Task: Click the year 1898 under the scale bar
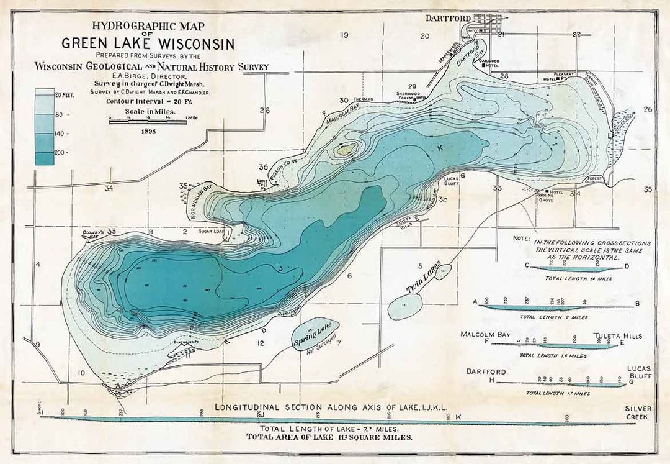[x=148, y=132]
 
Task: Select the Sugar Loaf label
[x=209, y=230]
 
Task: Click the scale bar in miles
[x=148, y=121]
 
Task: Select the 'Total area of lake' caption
[x=329, y=437]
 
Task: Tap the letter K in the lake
[x=440, y=148]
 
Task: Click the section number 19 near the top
[x=344, y=35]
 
